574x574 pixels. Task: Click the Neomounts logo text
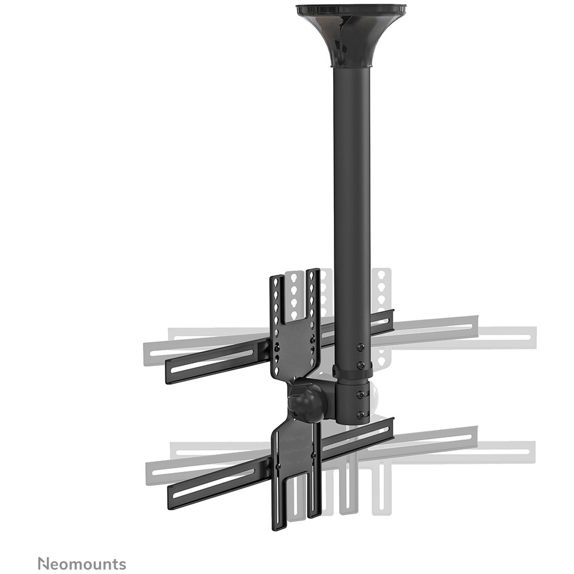(x=82, y=564)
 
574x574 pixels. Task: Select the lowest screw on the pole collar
(x=361, y=415)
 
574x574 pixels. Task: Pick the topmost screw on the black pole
(x=360, y=347)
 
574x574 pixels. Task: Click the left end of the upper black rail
(x=171, y=372)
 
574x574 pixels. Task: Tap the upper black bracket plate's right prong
(x=314, y=294)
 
